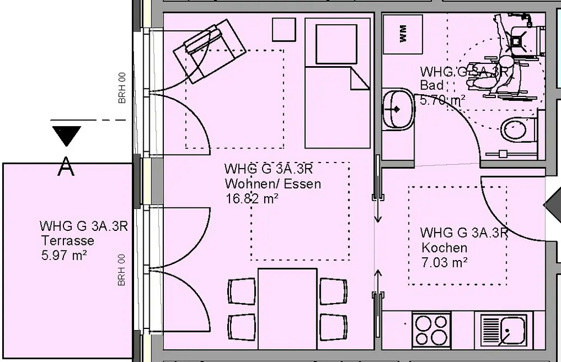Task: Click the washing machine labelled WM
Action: [403, 34]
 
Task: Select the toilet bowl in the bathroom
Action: [518, 129]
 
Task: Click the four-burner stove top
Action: [431, 329]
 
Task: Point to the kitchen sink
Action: [503, 329]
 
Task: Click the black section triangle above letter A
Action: [67, 136]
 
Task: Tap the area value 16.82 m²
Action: [252, 198]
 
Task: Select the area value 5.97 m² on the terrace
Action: [64, 256]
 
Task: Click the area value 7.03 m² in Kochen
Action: [444, 263]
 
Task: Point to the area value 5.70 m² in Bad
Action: [443, 100]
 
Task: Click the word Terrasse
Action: [68, 240]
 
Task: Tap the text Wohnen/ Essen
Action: [273, 184]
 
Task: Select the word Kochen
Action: [444, 248]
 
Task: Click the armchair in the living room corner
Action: [210, 51]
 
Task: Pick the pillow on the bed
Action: [336, 44]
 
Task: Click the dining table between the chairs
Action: [287, 309]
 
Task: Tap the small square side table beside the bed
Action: [284, 30]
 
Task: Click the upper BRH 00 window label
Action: [122, 89]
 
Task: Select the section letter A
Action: [66, 166]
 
